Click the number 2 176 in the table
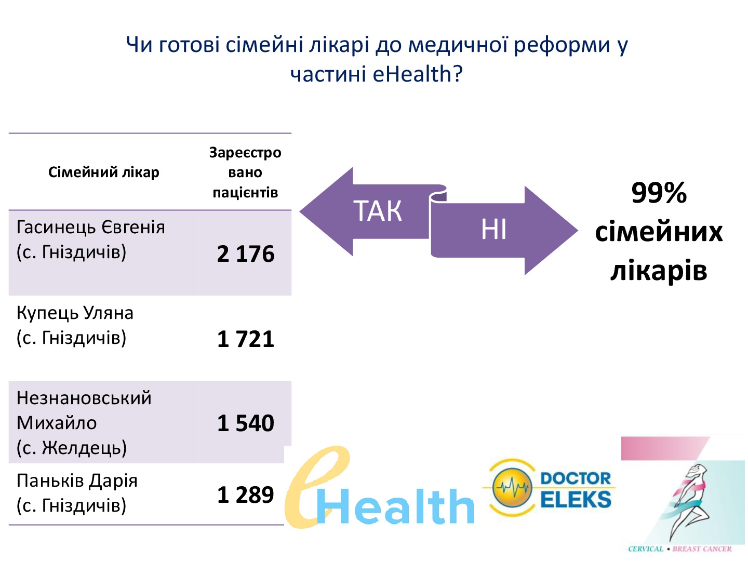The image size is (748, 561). point(245,254)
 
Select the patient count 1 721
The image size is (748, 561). point(245,339)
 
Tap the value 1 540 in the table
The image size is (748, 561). point(245,423)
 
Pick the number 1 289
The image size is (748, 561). point(245,495)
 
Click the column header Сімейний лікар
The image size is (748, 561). point(103,172)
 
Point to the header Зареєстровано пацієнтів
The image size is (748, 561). point(245,172)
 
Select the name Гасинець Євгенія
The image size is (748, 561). point(91,227)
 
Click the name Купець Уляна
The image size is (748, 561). point(75,313)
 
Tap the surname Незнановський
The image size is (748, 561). point(84,398)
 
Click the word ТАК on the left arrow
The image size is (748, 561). point(378,211)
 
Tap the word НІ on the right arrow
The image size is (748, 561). point(493,229)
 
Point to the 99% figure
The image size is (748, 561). point(659,193)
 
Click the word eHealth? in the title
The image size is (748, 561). point(418,74)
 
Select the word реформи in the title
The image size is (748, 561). point(562,45)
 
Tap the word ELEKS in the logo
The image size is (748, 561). point(576,499)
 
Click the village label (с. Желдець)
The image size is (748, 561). point(72,448)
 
